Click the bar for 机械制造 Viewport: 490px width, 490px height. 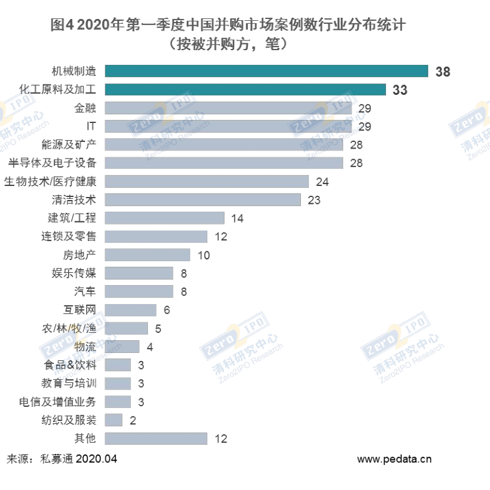266,72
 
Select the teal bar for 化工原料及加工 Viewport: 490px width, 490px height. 245,90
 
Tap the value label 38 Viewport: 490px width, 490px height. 443,72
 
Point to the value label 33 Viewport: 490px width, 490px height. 400,91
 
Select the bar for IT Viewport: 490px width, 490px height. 228,127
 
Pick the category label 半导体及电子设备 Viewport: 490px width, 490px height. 52,163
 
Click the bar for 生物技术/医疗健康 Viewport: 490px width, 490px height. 207,182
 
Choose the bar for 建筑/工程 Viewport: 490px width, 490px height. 165,218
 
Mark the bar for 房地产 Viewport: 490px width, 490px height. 147,254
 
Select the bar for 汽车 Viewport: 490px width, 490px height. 139,291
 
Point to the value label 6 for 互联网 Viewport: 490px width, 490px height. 166,310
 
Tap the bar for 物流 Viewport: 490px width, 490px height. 122,347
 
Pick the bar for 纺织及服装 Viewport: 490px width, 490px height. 114,420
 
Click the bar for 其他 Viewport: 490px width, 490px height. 156,439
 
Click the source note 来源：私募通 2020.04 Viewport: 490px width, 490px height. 62,459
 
